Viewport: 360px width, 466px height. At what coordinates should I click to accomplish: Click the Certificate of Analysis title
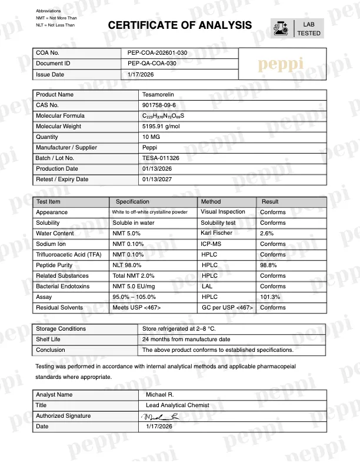click(180, 25)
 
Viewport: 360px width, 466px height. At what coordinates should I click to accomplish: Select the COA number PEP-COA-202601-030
click(157, 53)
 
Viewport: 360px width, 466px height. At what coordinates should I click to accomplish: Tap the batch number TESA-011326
click(161, 158)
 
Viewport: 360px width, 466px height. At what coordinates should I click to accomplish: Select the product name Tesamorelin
click(158, 95)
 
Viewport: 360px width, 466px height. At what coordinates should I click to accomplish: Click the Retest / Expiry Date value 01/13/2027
click(157, 179)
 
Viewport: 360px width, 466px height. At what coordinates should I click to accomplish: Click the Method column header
click(211, 202)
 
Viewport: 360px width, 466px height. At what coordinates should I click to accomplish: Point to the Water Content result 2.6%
click(268, 234)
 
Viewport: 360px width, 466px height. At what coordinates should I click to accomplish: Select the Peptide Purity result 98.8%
click(269, 265)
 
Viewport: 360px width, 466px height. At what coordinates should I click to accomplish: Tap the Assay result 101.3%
click(271, 297)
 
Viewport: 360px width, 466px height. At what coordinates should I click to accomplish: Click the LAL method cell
click(208, 287)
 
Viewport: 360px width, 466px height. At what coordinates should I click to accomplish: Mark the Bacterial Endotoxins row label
click(63, 287)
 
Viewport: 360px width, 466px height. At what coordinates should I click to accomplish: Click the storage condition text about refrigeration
click(179, 329)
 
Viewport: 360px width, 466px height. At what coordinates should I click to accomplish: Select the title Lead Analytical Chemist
click(176, 405)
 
